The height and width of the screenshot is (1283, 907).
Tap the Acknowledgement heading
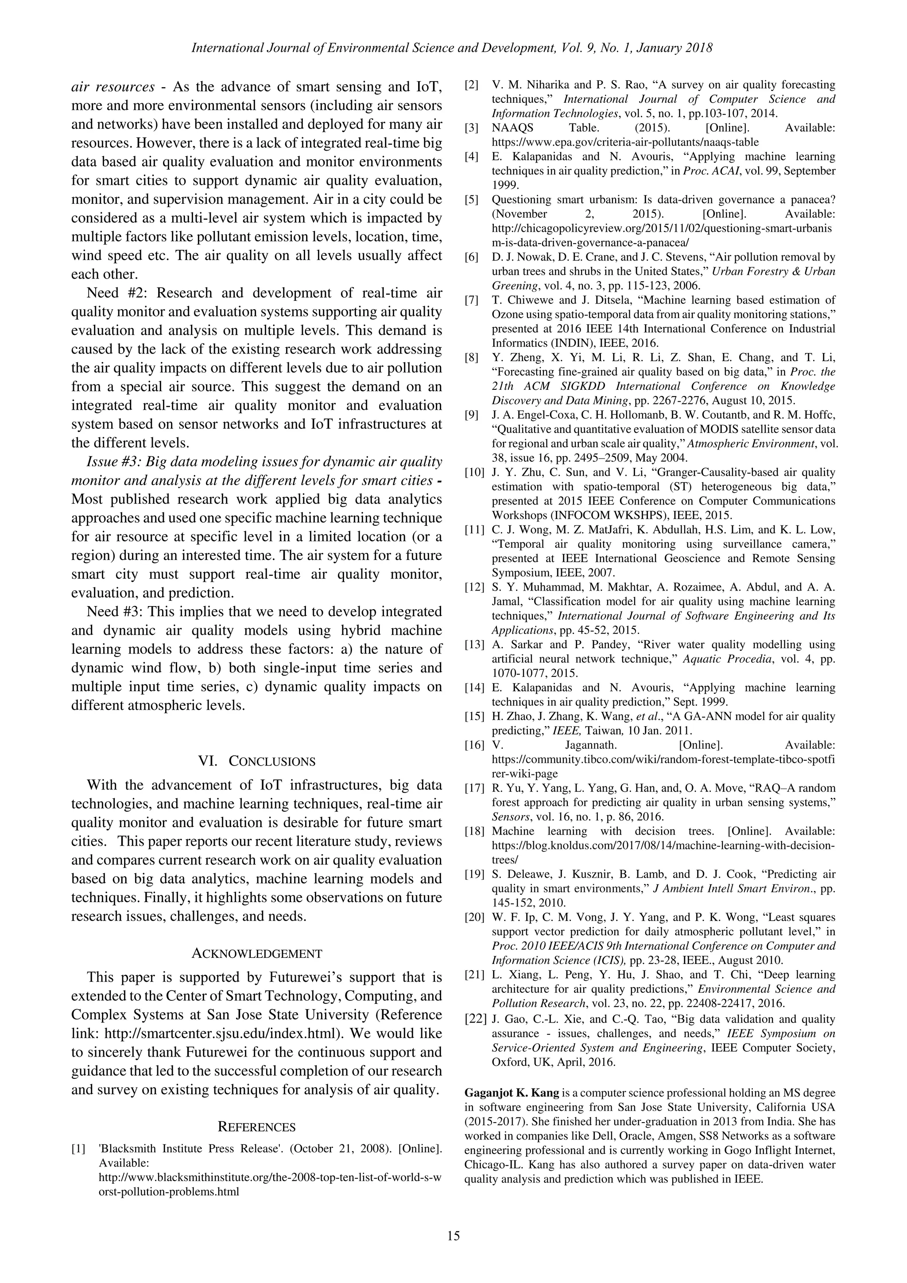click(x=257, y=953)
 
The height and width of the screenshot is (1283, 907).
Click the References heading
click(x=256, y=1127)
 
